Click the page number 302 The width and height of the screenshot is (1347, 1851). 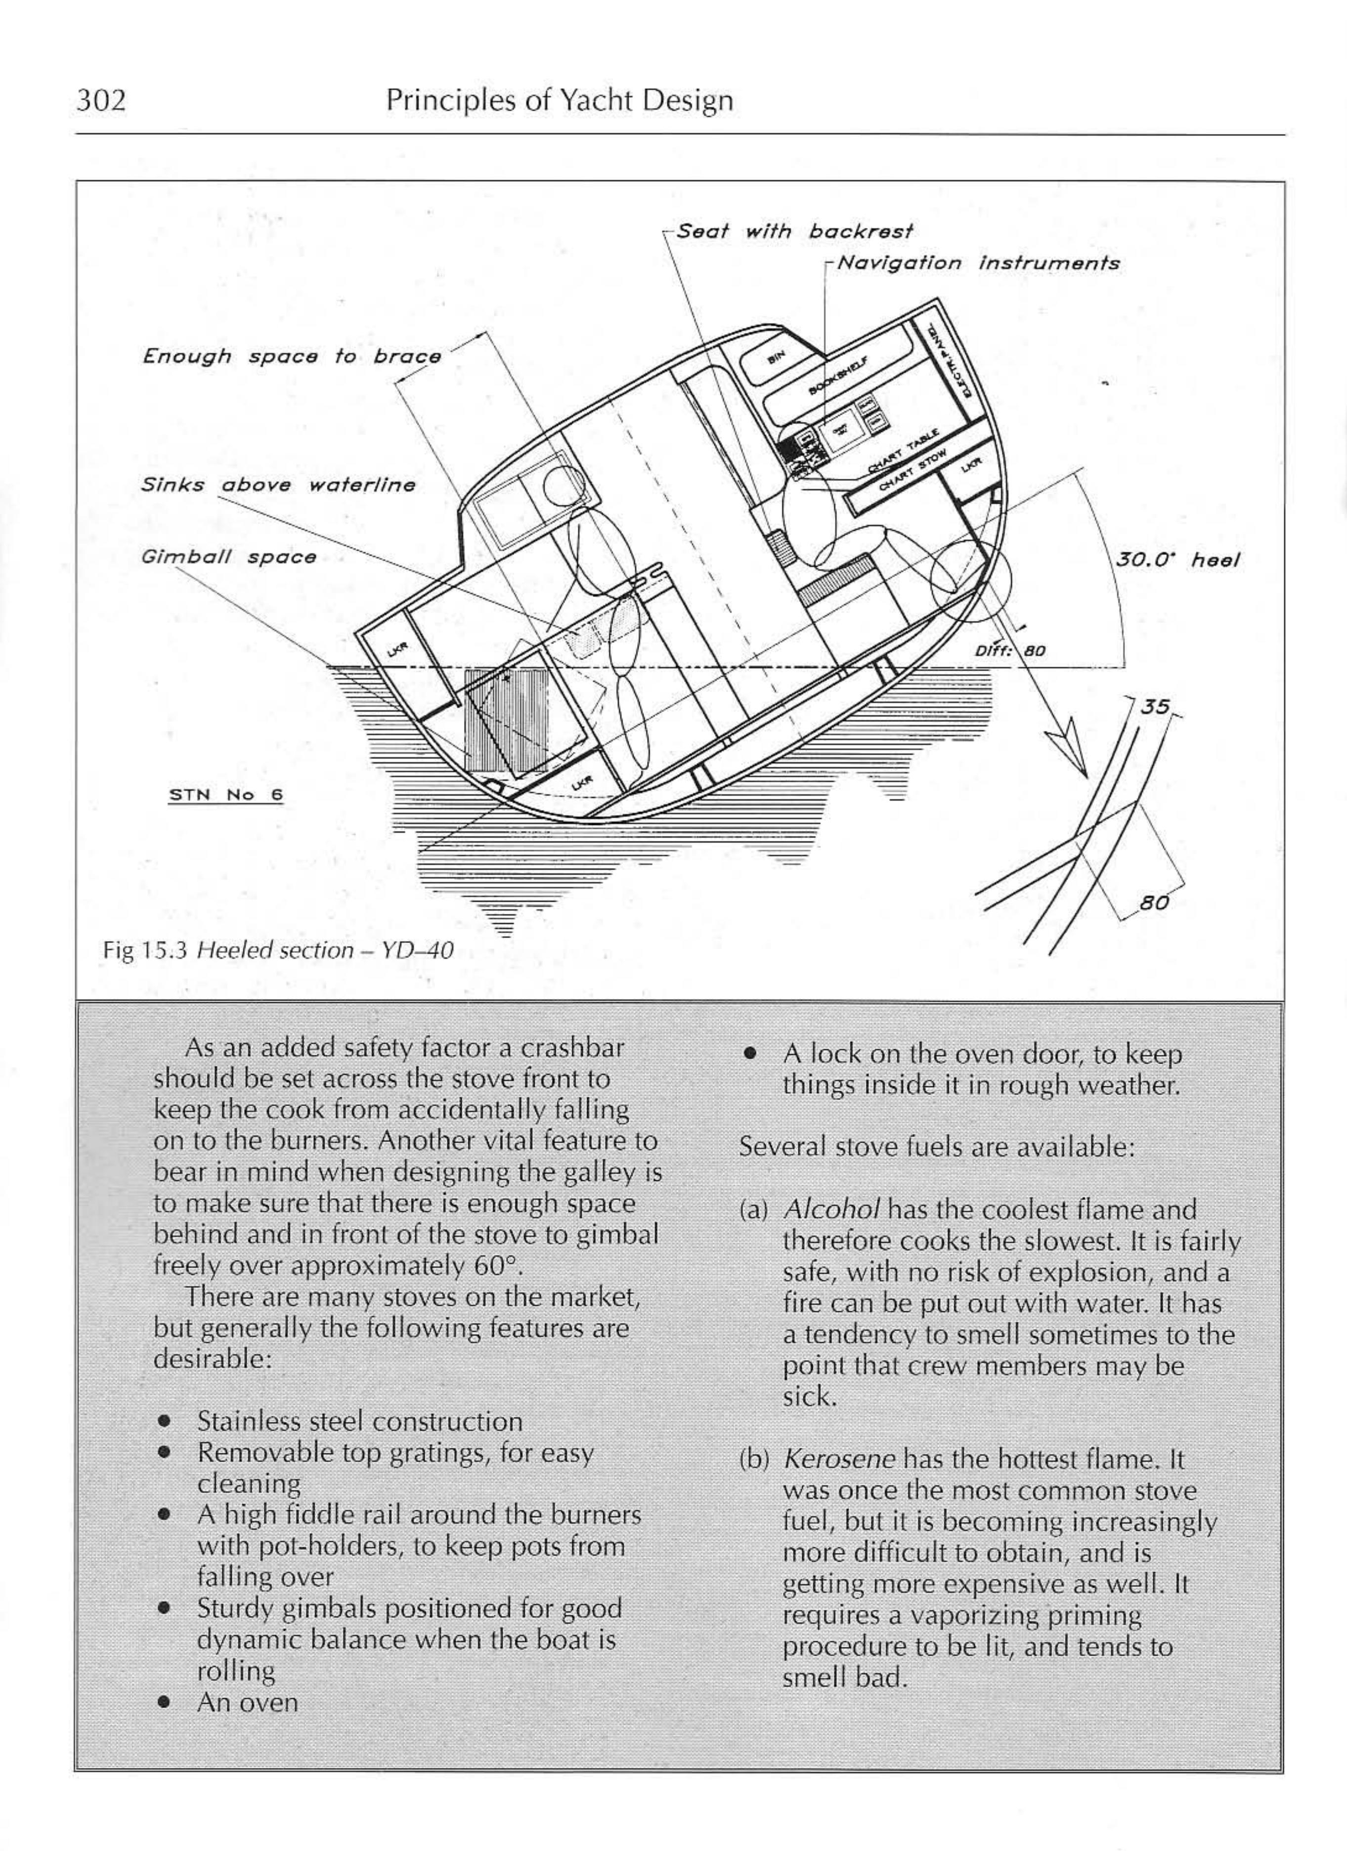(101, 100)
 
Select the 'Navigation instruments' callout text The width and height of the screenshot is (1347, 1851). (978, 263)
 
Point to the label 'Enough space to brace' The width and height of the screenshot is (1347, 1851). (292, 357)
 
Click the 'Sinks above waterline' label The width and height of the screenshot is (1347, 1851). (278, 485)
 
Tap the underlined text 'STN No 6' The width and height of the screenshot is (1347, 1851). (226, 795)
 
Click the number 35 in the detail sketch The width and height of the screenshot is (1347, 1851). (1154, 707)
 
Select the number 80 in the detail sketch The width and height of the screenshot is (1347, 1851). (1154, 903)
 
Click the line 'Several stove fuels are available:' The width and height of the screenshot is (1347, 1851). (936, 1147)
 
